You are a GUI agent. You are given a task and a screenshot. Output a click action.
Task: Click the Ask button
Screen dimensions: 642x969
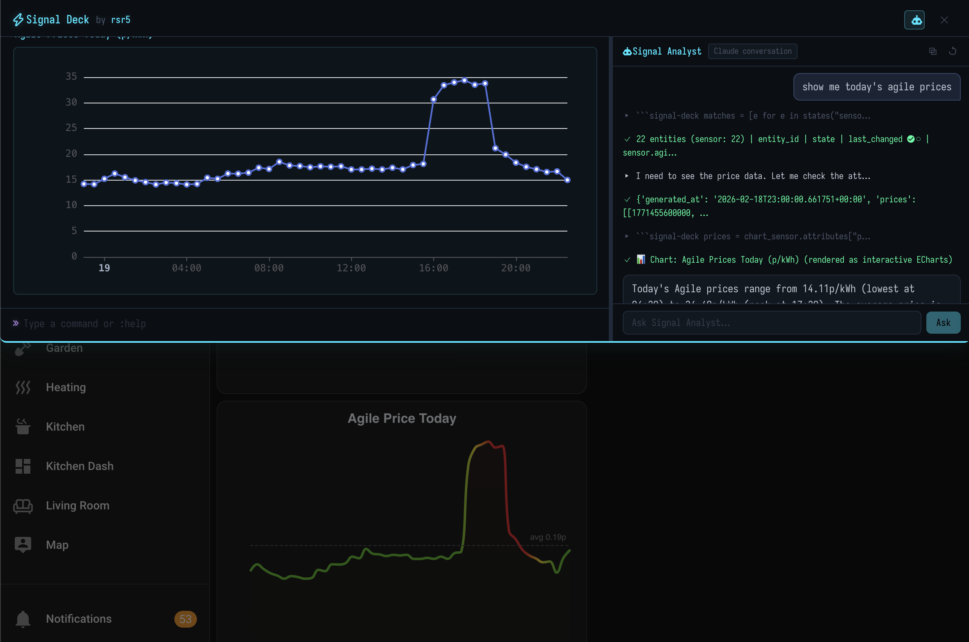(x=943, y=323)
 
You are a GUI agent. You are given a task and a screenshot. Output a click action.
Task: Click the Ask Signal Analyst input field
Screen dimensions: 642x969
(x=771, y=323)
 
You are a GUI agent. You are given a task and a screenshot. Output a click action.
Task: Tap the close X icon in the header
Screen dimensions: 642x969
(x=944, y=20)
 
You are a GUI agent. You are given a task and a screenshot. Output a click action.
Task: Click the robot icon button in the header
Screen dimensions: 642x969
(x=914, y=20)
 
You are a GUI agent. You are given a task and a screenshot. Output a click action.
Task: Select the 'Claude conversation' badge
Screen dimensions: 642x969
(x=752, y=51)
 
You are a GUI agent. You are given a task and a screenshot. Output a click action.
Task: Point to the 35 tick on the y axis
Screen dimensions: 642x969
(x=71, y=76)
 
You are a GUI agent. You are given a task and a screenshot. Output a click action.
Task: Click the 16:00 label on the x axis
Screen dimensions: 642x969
(x=433, y=268)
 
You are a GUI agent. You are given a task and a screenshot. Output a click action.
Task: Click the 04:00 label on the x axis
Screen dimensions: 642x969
(x=186, y=268)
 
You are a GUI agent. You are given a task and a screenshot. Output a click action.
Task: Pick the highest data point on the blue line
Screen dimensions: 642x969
(x=464, y=80)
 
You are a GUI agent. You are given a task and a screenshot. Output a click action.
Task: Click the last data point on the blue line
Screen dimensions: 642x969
(x=567, y=180)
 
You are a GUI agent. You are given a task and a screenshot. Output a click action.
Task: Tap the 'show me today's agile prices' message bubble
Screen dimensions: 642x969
(x=877, y=87)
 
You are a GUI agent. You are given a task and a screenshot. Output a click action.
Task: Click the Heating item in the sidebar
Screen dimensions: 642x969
(x=66, y=387)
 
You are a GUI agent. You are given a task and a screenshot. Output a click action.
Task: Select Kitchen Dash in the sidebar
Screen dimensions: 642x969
(x=80, y=466)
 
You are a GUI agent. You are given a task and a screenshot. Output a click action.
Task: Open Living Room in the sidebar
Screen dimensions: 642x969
(x=78, y=505)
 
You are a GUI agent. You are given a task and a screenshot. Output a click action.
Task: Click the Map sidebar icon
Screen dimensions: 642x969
(x=23, y=545)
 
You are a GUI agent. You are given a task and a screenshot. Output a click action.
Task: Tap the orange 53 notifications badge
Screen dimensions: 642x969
(x=185, y=619)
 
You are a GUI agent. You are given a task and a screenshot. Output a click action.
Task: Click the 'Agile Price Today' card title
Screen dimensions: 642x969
(x=402, y=418)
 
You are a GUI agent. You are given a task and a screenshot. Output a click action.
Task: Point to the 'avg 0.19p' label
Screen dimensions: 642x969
(x=548, y=537)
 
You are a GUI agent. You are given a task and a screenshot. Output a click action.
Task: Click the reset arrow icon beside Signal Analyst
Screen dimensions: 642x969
(x=953, y=51)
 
